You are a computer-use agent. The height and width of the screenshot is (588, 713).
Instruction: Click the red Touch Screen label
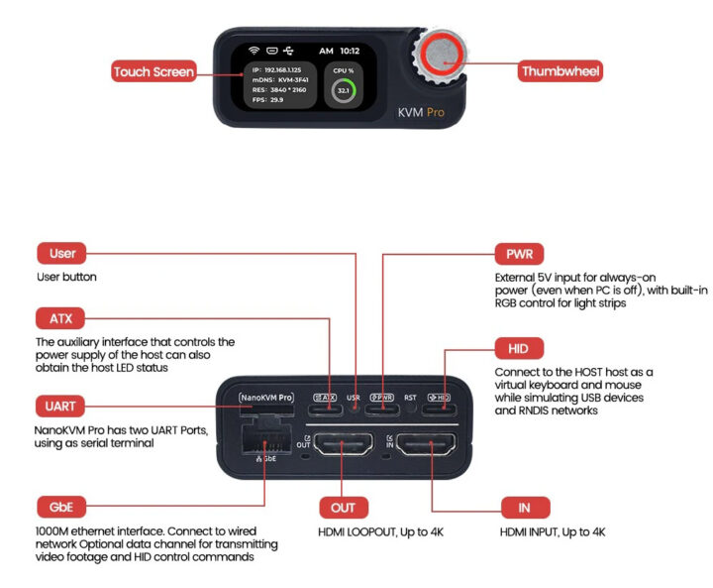point(153,71)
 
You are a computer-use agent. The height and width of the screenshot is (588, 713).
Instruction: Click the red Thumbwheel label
point(560,71)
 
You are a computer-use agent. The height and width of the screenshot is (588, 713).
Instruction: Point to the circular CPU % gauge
point(344,91)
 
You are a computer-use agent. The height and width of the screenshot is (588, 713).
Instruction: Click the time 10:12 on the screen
point(350,50)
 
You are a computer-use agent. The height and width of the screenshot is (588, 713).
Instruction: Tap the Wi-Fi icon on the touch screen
point(254,50)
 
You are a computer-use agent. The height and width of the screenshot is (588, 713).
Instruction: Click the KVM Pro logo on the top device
point(421,112)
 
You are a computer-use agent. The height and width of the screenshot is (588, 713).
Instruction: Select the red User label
point(61,253)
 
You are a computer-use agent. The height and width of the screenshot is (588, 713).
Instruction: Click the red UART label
point(61,407)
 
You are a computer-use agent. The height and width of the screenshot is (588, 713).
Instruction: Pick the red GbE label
point(61,507)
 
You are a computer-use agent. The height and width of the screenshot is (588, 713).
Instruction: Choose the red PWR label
point(519,253)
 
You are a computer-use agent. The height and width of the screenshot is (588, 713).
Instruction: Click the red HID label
point(519,348)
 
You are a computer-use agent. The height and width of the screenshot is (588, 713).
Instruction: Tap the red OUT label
point(344,508)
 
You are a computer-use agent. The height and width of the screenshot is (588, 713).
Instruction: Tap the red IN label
point(525,508)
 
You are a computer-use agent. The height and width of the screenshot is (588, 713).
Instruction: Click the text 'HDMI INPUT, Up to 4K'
point(552,532)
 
